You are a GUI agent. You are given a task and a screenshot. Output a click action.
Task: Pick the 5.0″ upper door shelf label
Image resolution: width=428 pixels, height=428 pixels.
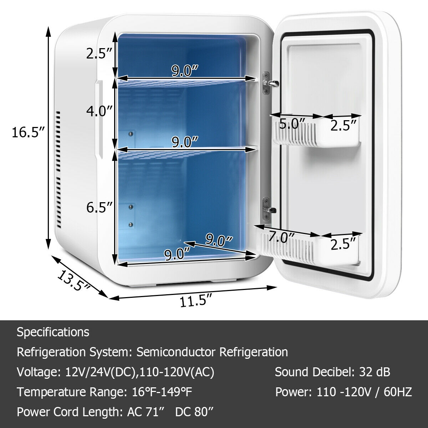(292, 124)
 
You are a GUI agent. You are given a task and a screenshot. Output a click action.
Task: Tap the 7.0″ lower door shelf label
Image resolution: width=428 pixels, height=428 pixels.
(282, 237)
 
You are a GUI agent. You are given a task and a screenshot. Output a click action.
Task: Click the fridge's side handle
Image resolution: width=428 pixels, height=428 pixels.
(99, 119)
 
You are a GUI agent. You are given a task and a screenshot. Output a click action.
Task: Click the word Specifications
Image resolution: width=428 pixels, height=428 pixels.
(53, 332)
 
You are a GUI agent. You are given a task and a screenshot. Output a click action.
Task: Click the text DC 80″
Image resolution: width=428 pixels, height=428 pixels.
(194, 412)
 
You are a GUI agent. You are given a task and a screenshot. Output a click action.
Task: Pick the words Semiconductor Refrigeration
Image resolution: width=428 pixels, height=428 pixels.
(212, 352)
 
